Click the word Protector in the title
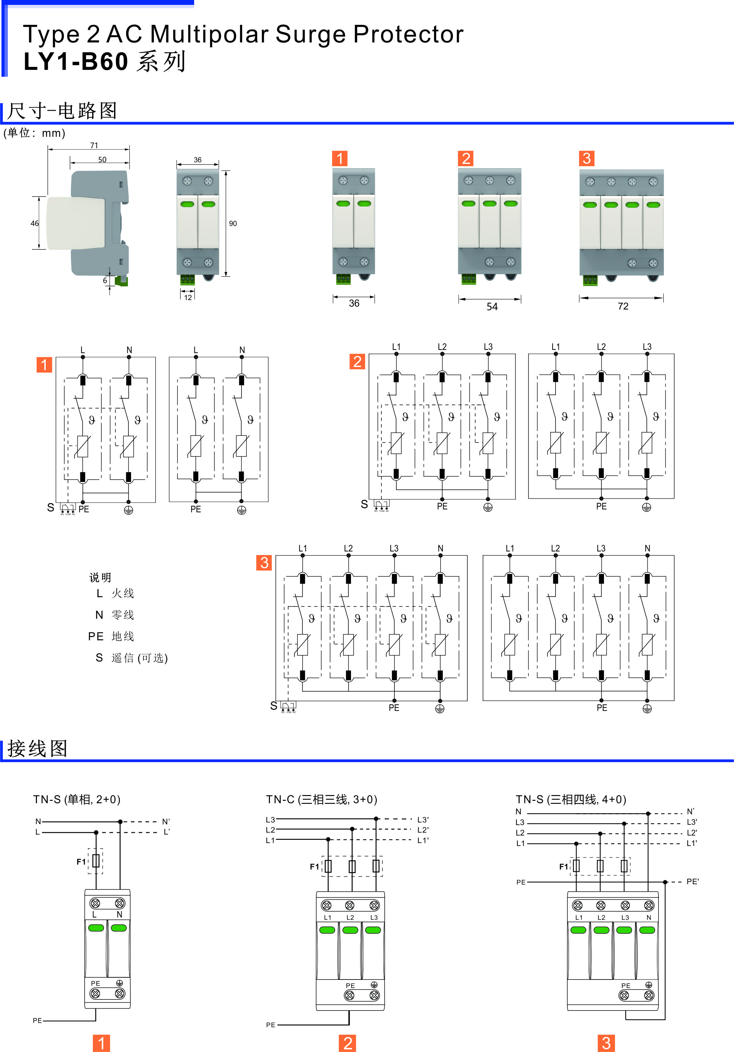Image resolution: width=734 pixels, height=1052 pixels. coord(408,34)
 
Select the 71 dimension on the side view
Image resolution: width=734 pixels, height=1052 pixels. coord(94,145)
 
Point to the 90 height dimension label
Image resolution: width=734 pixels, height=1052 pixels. coord(233,224)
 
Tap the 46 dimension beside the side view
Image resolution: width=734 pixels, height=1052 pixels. coord(34,224)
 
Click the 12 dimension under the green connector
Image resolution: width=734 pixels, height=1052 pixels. coord(188,297)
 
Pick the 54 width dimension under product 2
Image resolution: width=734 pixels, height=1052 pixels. coord(492,307)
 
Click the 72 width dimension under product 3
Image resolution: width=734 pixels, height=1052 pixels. coord(623,306)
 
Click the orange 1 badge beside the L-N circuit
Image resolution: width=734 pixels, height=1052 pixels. coord(44,365)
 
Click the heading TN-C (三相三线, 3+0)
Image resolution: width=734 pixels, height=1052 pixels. coord(321,800)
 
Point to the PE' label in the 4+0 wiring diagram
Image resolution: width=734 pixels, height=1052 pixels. coord(692,882)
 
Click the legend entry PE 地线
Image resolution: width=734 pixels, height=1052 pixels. coord(111,636)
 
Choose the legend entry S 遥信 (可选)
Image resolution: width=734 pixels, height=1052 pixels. coord(132,658)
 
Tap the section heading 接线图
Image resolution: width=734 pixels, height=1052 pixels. coord(37,749)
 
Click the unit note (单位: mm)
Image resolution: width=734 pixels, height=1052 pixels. coord(34,133)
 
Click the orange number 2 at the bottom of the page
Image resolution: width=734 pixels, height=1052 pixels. coord(347,1043)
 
